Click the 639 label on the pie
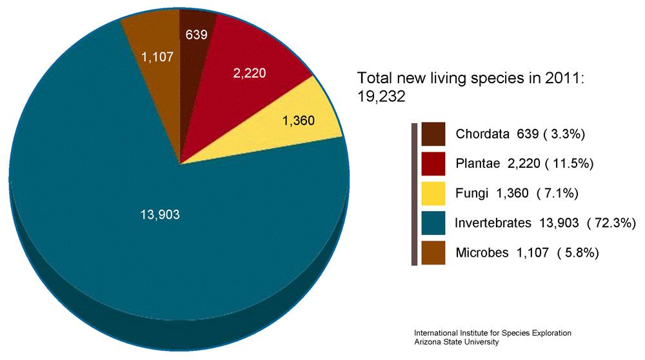pyautogui.click(x=196, y=34)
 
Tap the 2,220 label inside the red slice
pyautogui.click(x=250, y=74)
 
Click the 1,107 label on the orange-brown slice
pyautogui.click(x=157, y=57)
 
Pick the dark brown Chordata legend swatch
pyautogui.click(x=433, y=134)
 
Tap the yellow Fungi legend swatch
pyautogui.click(x=433, y=193)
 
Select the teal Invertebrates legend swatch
pyautogui.click(x=433, y=223)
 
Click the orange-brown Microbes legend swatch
pyautogui.click(x=433, y=252)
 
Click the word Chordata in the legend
pyautogui.click(x=483, y=135)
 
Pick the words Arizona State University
pyautogui.click(x=457, y=342)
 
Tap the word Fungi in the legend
pyautogui.click(x=472, y=194)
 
